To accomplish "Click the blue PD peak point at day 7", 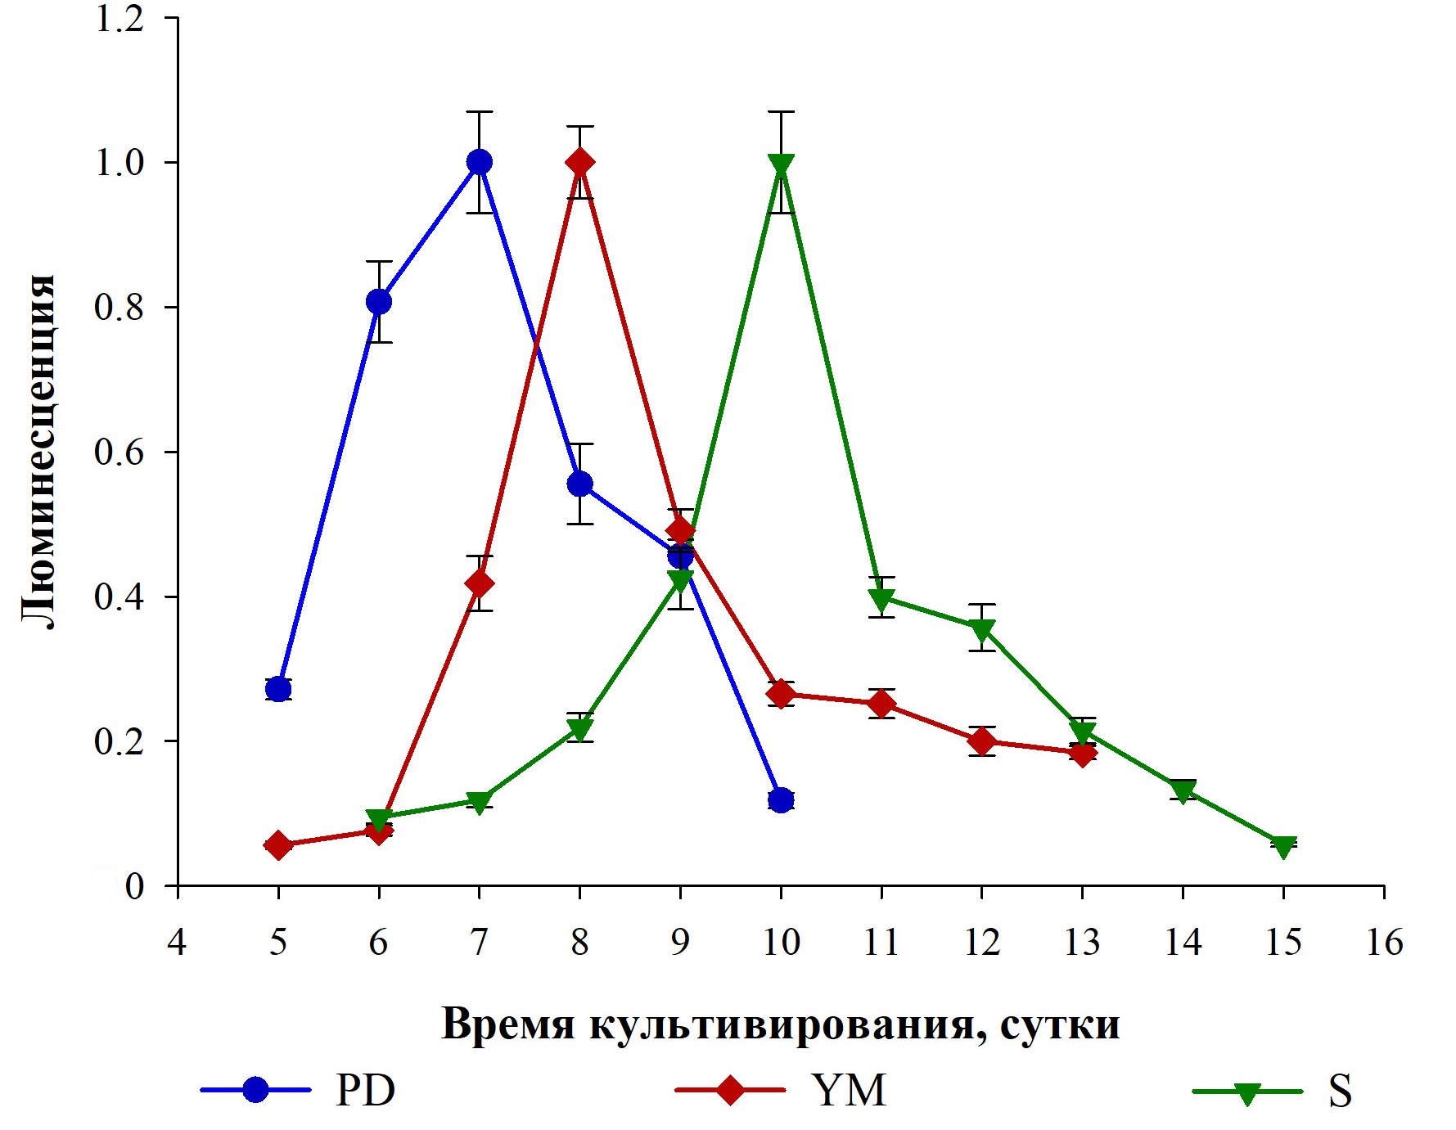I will tap(479, 162).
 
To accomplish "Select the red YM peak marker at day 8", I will tap(579, 162).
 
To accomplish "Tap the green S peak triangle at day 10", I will tap(781, 165).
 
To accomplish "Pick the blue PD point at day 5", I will tap(278, 689).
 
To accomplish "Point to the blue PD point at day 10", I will tap(781, 799).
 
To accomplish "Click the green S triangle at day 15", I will tap(1283, 846).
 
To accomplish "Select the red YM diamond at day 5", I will tap(278, 845).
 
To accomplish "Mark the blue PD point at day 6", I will tap(379, 301).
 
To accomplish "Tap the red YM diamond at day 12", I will tap(982, 741).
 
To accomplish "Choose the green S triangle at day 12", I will tap(982, 629).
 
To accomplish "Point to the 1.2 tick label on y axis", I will tap(119, 18).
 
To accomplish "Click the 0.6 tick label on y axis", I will tap(119, 452).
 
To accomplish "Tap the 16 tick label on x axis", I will tap(1384, 943).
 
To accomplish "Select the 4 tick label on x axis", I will tap(177, 943).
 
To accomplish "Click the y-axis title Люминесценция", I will tap(38, 452).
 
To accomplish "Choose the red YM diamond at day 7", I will tap(479, 583).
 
